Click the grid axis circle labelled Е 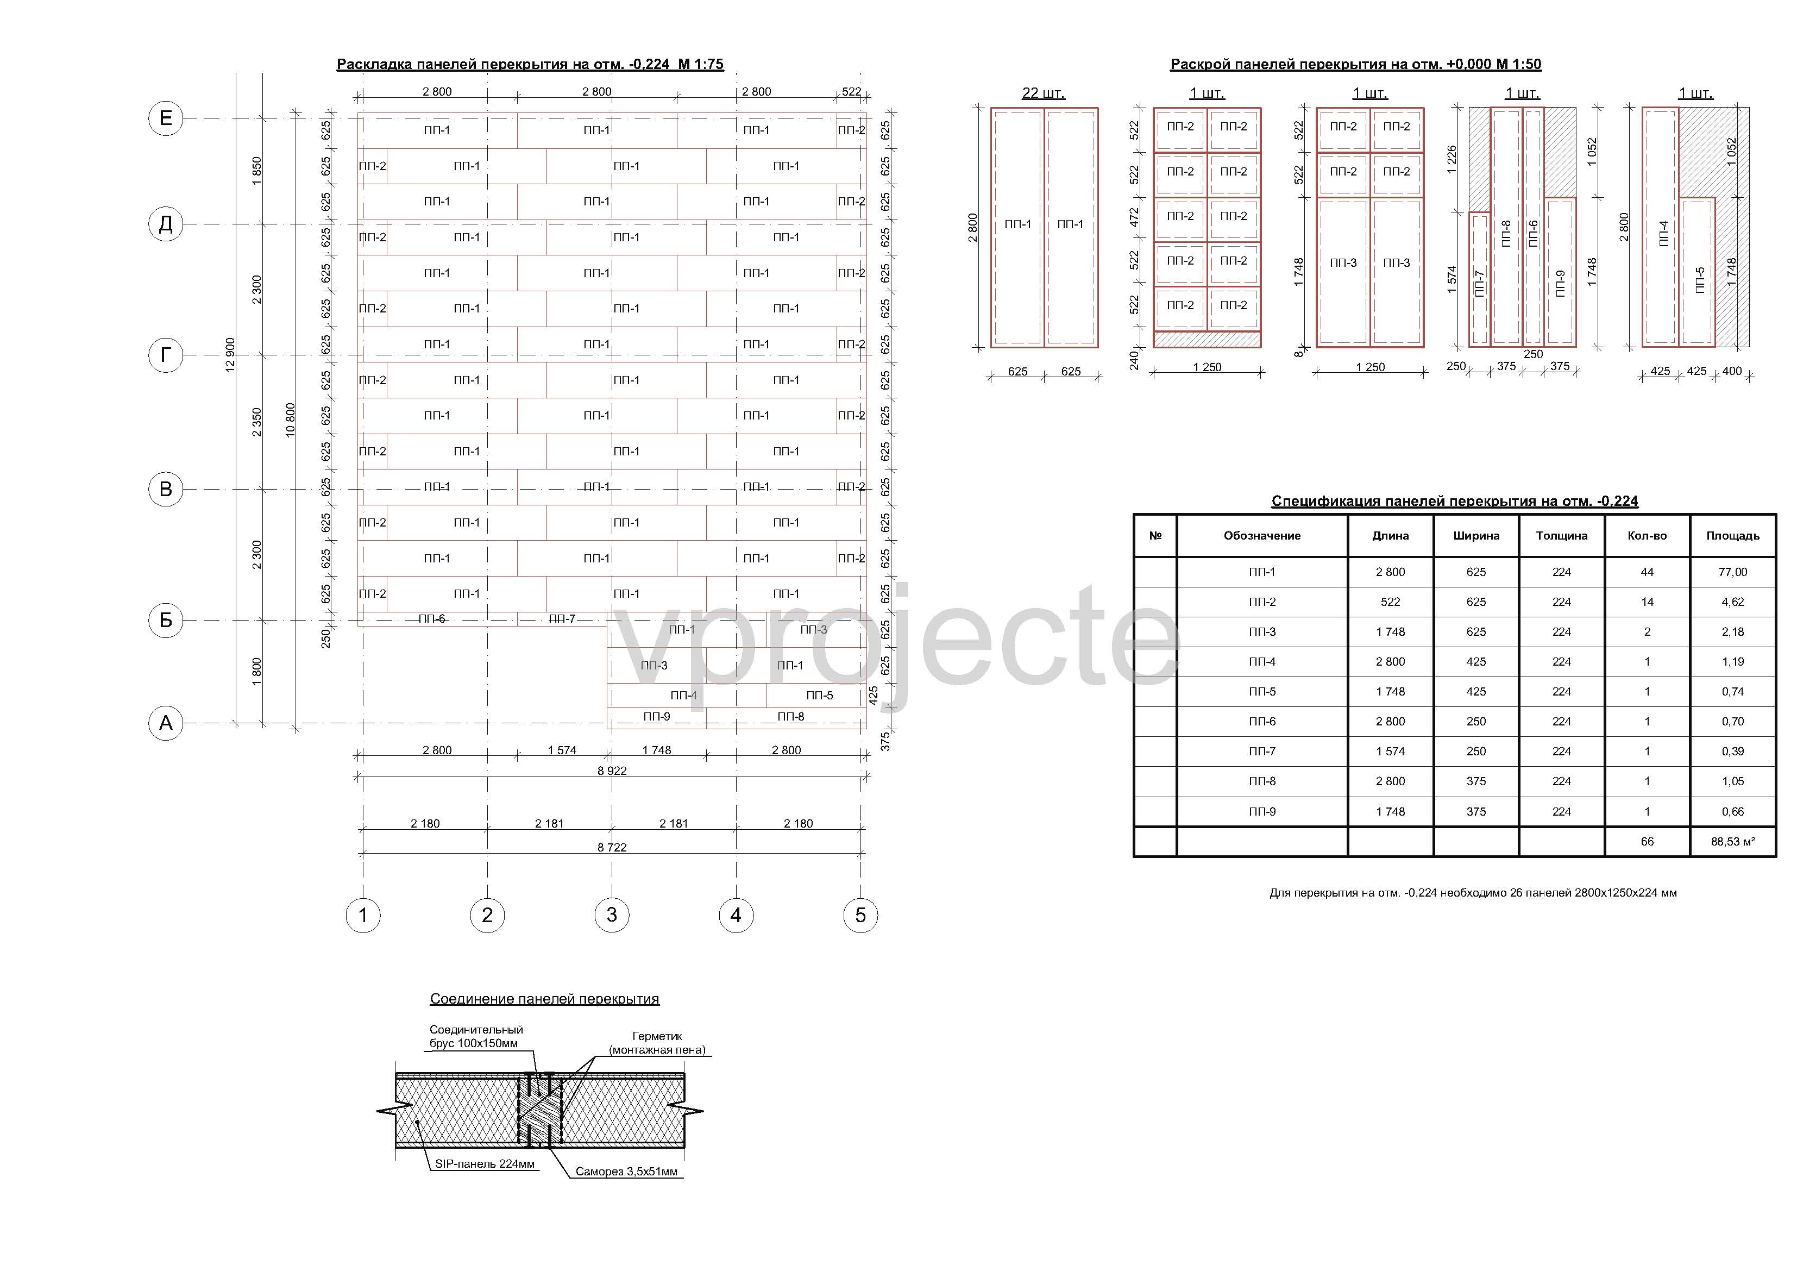[165, 118]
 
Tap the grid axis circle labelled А [165, 723]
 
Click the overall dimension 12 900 [230, 355]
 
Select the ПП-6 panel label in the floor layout [431, 619]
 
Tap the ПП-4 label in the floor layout [683, 696]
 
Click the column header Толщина [1561, 536]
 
